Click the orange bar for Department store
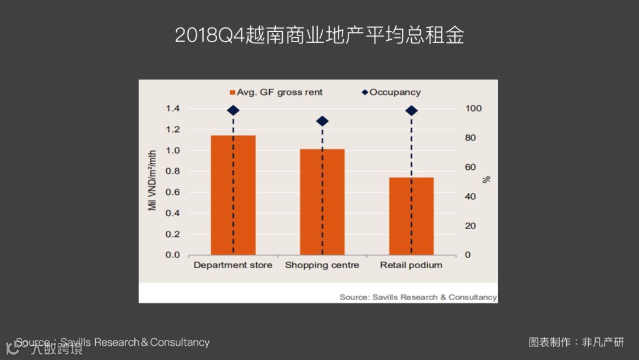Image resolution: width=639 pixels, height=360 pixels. (x=233, y=195)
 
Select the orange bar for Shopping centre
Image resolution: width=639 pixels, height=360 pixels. (x=322, y=202)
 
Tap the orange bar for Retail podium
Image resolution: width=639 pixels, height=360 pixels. (x=411, y=216)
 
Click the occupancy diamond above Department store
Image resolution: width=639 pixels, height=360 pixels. (x=233, y=110)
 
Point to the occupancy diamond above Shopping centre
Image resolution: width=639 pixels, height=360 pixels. (x=322, y=121)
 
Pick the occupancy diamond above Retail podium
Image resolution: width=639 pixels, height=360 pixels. (x=412, y=111)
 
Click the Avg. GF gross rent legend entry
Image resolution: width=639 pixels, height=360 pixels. (x=276, y=92)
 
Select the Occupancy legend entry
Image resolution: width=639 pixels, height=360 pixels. (x=391, y=92)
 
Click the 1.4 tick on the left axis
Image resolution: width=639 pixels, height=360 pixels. (x=172, y=108)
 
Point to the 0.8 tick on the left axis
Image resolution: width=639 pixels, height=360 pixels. (x=172, y=171)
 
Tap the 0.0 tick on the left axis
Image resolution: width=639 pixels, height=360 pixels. (x=172, y=255)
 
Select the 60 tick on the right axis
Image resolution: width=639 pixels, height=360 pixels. (x=470, y=167)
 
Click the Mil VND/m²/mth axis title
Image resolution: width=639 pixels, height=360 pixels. (x=153, y=180)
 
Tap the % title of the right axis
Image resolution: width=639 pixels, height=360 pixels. (x=487, y=179)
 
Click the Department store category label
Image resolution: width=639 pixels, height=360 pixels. (x=233, y=265)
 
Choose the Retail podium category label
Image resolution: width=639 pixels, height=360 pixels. (x=411, y=265)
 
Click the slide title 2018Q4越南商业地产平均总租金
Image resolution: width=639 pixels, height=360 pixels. (x=319, y=36)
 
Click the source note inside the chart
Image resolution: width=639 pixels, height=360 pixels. (x=418, y=297)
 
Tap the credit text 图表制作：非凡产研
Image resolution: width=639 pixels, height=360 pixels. (x=576, y=342)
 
